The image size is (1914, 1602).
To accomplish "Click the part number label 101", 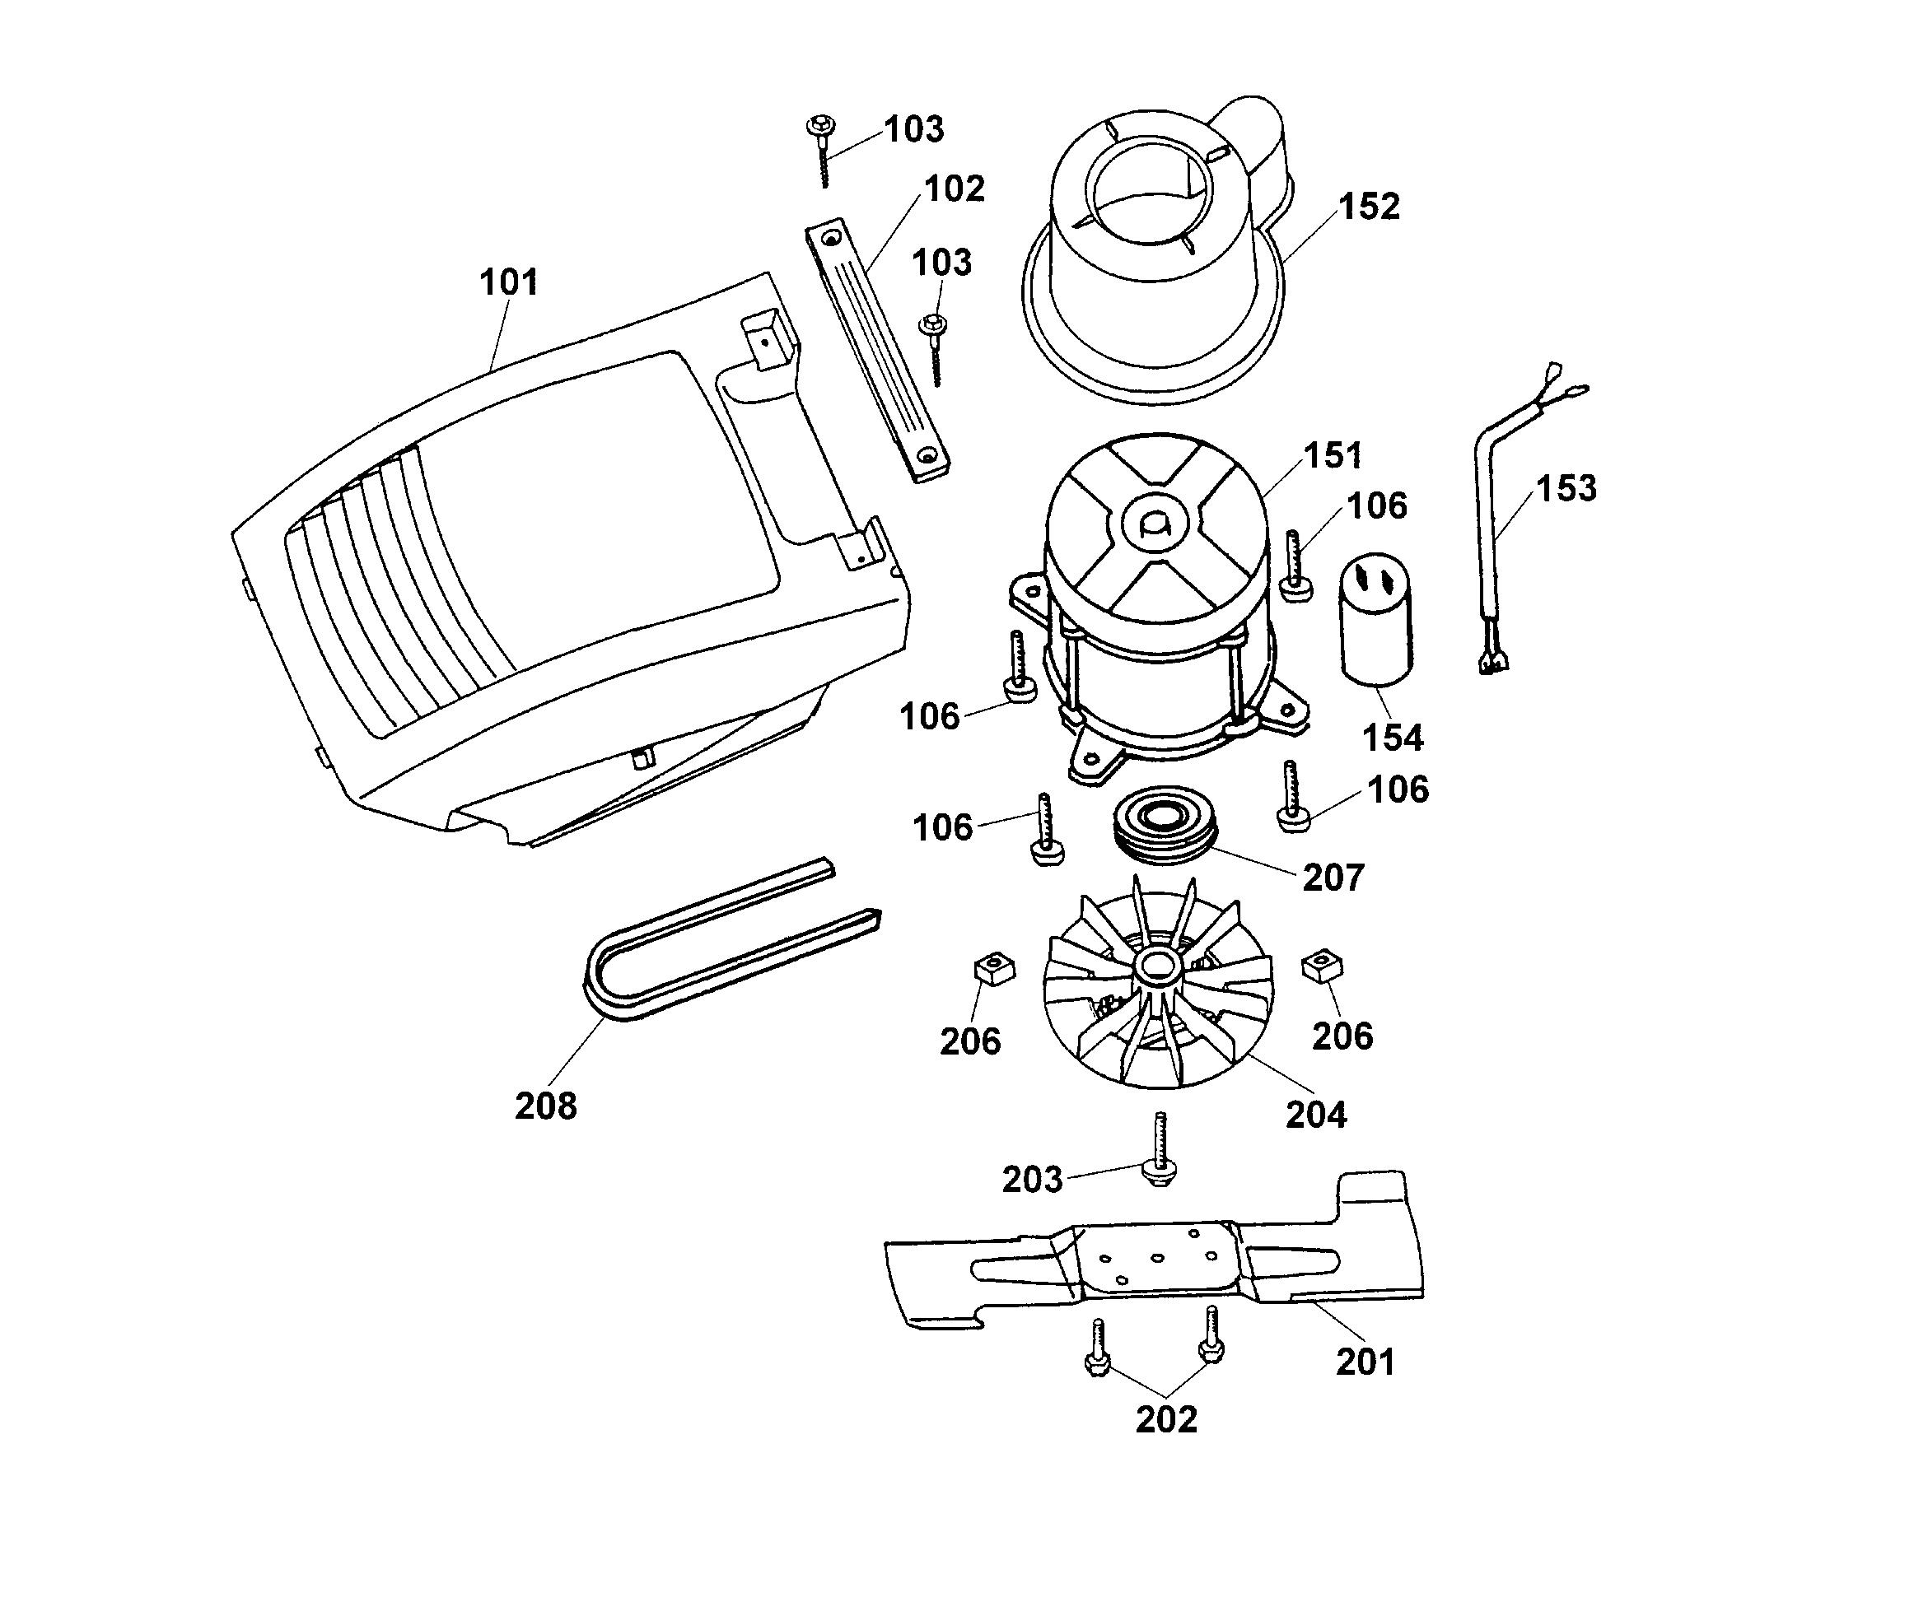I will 509,282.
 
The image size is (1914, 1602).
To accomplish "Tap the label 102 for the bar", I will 955,189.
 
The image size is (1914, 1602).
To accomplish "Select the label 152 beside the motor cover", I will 1368,207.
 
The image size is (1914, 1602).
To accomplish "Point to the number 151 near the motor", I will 1333,455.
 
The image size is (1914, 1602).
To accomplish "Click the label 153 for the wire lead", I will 1566,488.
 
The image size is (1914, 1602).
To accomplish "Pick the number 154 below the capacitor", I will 1392,738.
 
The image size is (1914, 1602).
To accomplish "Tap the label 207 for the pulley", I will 1333,878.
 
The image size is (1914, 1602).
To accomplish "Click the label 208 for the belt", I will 545,1106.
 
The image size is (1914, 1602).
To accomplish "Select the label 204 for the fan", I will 1315,1115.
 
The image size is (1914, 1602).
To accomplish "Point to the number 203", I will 1032,1180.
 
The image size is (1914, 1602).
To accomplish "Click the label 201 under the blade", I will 1365,1362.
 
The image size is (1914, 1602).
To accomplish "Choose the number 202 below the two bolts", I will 1165,1419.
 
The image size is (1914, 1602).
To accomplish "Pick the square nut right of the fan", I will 1322,966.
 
